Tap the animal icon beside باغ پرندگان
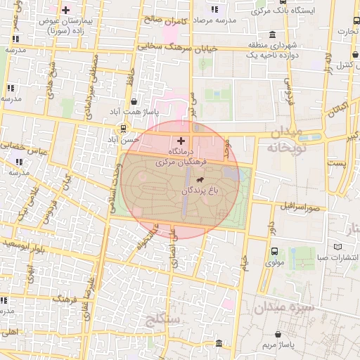(210, 181)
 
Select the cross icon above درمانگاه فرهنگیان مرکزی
(181, 141)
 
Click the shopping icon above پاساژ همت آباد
(134, 102)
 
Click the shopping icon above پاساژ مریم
(280, 334)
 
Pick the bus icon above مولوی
(274, 251)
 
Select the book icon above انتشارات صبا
(338, 247)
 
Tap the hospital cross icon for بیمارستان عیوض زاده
(66, 11)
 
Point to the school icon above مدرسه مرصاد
(214, 10)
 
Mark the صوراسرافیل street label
(298, 207)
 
